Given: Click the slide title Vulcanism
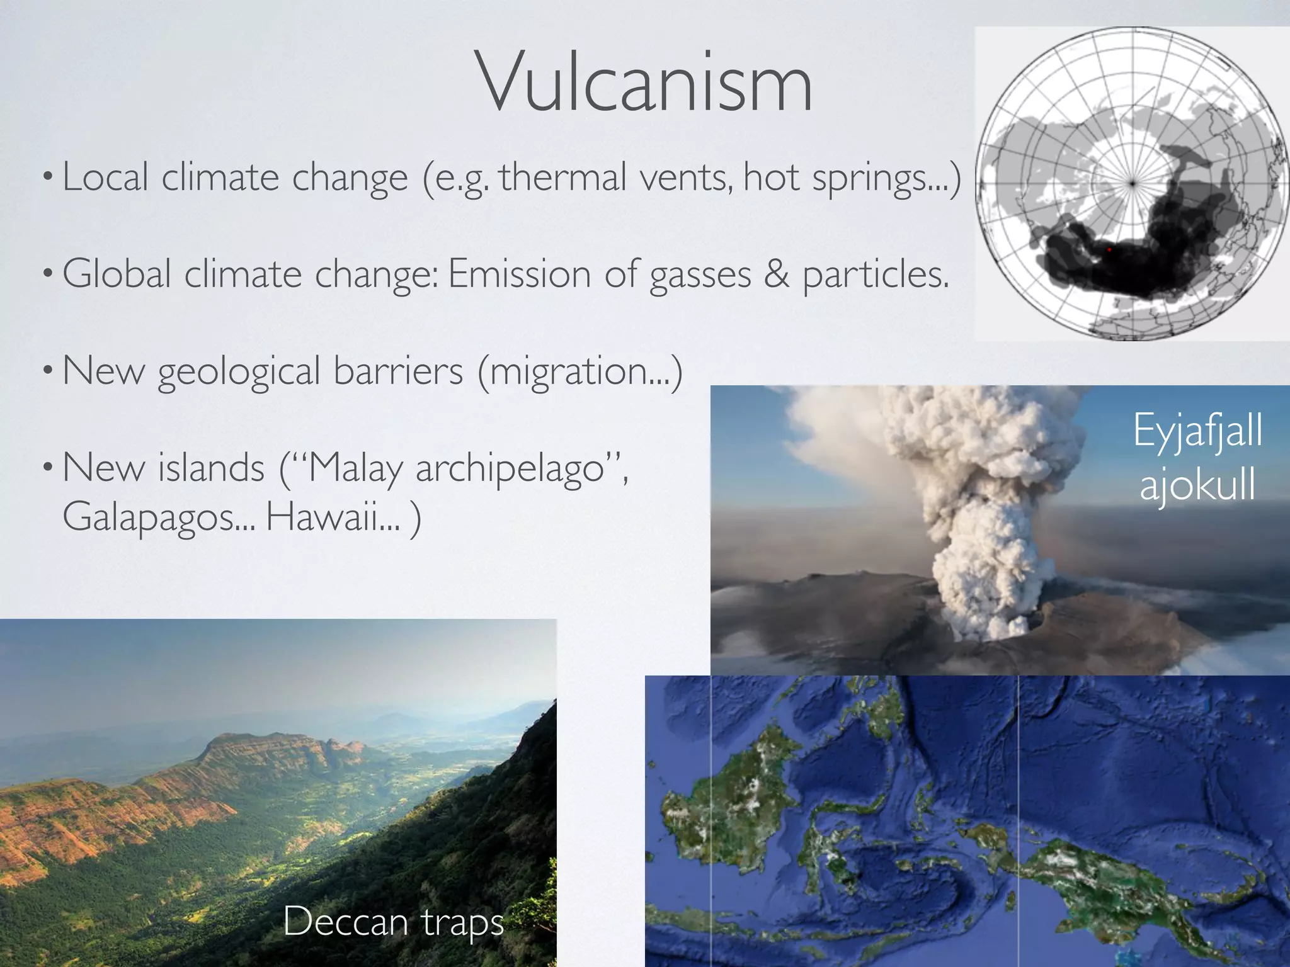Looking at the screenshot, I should coord(646,83).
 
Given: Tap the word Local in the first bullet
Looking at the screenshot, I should coord(105,178).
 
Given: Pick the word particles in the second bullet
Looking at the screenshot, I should coord(876,275).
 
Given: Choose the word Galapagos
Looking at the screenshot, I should coord(157,517).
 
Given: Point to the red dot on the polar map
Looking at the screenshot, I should coord(1109,249).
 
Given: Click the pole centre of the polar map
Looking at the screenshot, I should coord(1133,183).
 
